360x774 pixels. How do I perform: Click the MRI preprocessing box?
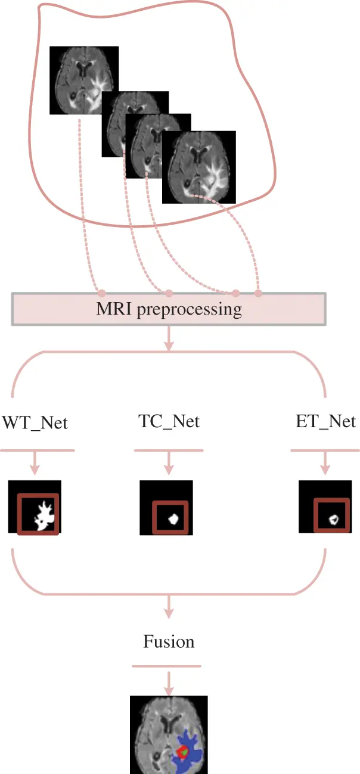coord(169,309)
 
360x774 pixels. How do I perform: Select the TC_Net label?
coord(169,422)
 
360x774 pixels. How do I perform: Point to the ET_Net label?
coord(325,422)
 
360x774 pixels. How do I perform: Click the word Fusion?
coord(169,642)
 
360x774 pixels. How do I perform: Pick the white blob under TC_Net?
coord(173,517)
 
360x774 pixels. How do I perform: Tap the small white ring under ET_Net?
coord(334,518)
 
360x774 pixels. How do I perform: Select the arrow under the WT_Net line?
coord(35,462)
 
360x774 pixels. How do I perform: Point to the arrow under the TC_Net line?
coord(169,462)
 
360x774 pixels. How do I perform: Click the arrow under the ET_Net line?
coord(325,462)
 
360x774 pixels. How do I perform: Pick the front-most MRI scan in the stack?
coord(198,167)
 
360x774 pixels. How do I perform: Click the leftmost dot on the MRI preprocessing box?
coord(101,293)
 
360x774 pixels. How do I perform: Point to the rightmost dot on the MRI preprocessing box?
coord(258,293)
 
